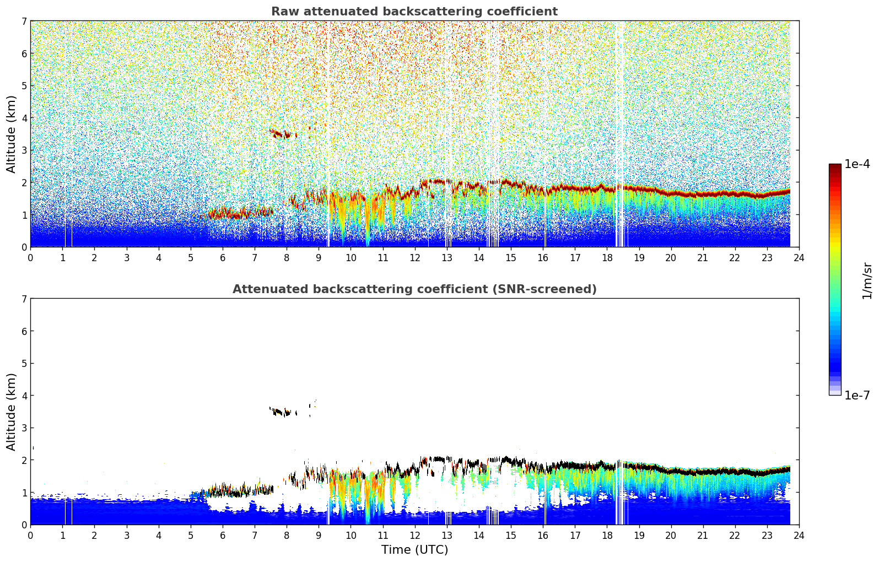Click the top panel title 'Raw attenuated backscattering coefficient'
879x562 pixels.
414,12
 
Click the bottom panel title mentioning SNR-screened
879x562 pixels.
414,289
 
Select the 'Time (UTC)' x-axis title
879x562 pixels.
414,550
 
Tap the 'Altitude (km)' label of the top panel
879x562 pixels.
11,134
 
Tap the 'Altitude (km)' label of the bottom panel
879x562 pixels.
11,412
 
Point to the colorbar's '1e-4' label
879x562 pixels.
857,164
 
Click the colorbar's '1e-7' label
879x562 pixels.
857,395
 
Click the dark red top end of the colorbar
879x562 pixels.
835,167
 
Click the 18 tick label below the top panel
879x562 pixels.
607,258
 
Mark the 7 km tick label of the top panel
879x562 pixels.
24,21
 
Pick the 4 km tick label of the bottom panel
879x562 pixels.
24,396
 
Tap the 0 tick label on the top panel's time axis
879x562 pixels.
30,258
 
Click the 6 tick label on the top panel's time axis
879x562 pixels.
223,258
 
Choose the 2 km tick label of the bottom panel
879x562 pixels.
24,460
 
